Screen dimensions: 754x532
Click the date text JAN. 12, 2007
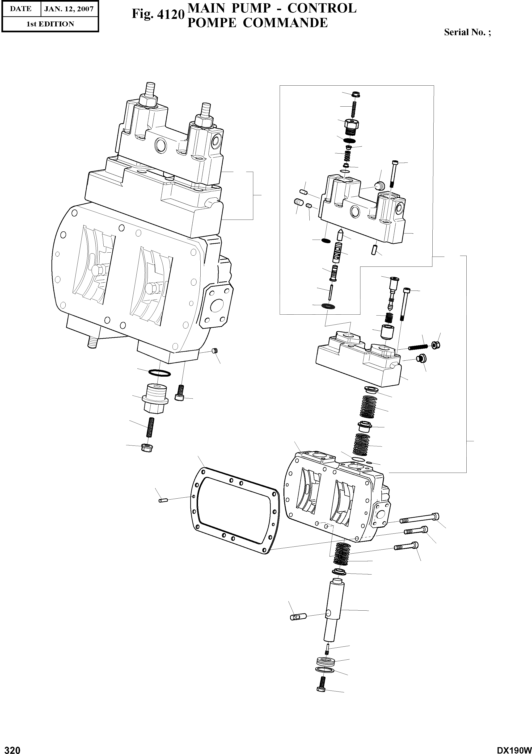69,9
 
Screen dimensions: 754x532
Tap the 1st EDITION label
50,24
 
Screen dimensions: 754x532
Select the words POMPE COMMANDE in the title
257,23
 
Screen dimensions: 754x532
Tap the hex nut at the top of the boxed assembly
355,95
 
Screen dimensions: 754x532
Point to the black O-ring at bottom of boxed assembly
328,306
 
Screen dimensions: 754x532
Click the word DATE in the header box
20,9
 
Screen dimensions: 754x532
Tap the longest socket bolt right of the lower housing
420,519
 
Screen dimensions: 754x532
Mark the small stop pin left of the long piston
298,617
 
